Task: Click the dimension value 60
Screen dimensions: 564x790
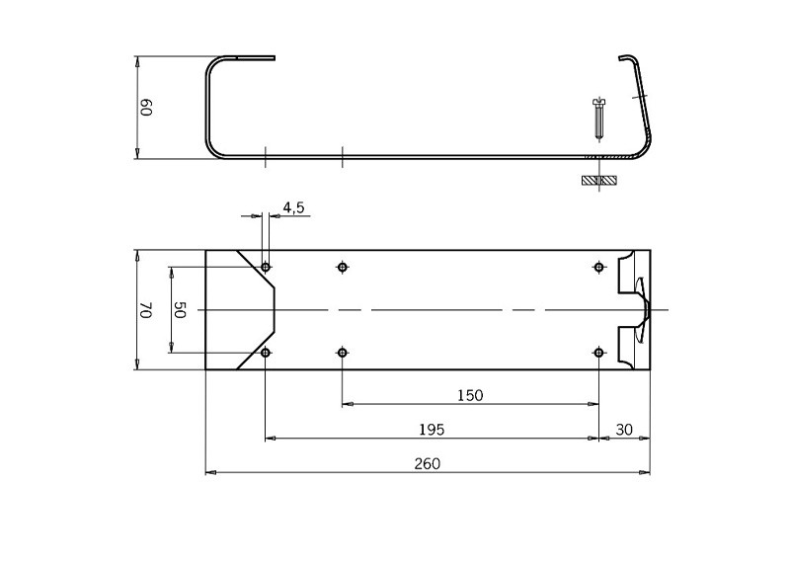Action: point(146,108)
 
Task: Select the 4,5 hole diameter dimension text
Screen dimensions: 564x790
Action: point(293,207)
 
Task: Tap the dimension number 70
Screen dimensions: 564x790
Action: point(146,310)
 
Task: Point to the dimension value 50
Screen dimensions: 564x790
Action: point(180,309)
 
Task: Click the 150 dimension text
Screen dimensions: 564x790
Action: point(470,395)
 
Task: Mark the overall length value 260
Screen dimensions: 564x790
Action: point(427,463)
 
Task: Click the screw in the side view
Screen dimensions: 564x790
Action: point(598,120)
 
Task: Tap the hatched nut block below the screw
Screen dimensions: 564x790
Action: point(598,181)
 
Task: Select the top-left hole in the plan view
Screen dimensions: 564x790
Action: point(266,267)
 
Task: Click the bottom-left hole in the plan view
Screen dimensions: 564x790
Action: point(266,353)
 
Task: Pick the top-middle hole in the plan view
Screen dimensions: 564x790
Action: point(342,267)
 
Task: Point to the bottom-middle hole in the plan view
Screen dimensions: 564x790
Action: point(342,353)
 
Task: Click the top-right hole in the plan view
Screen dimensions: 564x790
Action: point(598,267)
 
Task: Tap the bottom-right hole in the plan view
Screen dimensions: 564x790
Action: point(598,353)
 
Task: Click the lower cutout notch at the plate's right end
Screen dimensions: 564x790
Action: point(631,345)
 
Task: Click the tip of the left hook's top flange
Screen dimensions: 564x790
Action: point(273,57)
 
